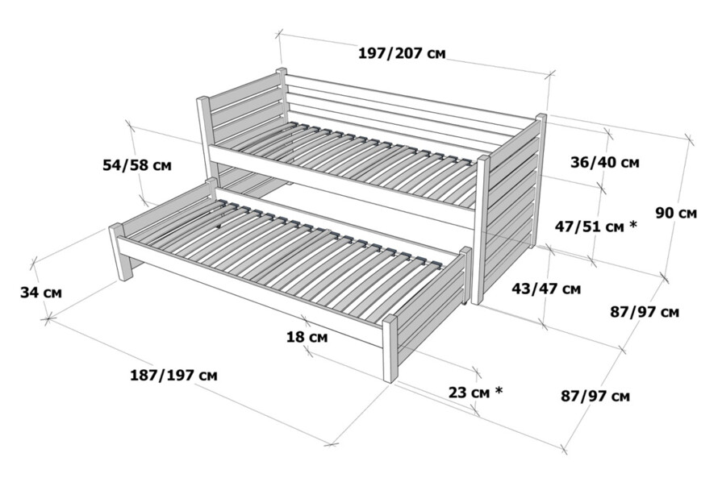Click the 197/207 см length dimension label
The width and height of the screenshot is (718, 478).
pos(402,53)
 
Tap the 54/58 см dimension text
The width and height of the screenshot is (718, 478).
pos(137,164)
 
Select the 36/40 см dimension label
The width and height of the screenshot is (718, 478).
pos(604,162)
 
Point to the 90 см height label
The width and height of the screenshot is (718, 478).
pos(676,213)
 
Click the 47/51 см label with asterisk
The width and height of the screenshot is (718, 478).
pos(595,226)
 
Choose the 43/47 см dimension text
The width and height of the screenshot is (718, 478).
pos(546,289)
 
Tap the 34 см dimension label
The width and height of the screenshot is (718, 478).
pos(41,293)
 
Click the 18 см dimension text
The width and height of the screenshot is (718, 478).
pos(307,338)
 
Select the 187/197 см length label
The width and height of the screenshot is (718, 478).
pos(173,376)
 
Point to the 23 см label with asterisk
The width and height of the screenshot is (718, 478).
pos(475,392)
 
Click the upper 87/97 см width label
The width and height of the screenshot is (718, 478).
pos(645,312)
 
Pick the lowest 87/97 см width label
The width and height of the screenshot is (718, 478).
pos(595,396)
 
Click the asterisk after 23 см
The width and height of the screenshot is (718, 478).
pos(499,391)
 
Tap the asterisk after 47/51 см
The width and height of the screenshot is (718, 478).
pos(633,224)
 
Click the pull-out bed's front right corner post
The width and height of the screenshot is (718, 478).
pos(390,348)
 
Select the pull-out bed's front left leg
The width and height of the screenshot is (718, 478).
pos(120,252)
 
